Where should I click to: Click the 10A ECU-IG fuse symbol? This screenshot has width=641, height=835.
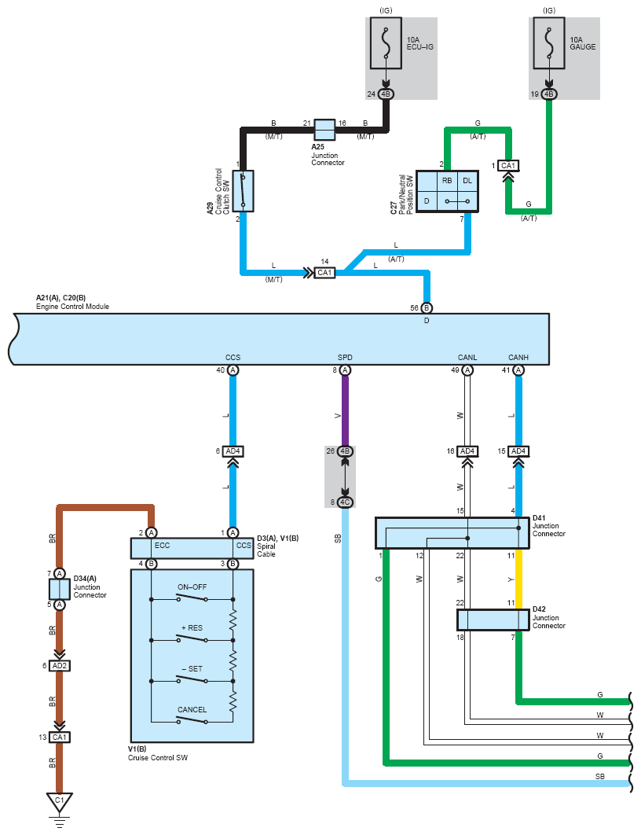click(x=386, y=43)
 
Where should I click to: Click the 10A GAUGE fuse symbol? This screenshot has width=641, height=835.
click(x=549, y=43)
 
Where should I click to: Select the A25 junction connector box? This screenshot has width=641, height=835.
click(x=324, y=130)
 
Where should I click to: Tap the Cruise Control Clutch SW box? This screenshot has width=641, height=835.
click(x=243, y=191)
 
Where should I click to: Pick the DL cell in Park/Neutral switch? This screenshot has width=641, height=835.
click(x=467, y=181)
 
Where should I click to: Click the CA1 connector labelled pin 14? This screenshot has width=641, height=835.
click(x=324, y=273)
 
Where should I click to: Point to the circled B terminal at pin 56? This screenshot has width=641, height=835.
click(x=426, y=307)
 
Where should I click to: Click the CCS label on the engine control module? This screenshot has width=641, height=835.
click(x=233, y=357)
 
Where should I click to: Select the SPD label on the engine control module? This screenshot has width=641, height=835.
click(x=345, y=357)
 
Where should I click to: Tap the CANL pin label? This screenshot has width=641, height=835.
click(x=467, y=357)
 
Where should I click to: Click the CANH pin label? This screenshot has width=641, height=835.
click(x=518, y=357)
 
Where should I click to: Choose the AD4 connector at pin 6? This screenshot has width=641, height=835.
click(x=233, y=451)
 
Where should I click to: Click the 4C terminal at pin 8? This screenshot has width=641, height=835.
click(x=345, y=502)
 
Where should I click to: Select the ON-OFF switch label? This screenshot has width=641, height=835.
click(x=192, y=587)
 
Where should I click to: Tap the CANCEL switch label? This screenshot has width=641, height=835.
click(x=192, y=709)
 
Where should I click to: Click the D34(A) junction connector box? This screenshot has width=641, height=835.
click(x=60, y=590)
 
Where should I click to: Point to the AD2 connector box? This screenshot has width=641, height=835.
click(x=60, y=666)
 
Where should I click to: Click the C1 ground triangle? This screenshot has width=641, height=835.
click(x=59, y=801)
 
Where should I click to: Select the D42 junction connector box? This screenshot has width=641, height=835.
click(x=493, y=620)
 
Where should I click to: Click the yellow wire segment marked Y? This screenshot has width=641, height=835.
click(x=518, y=579)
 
